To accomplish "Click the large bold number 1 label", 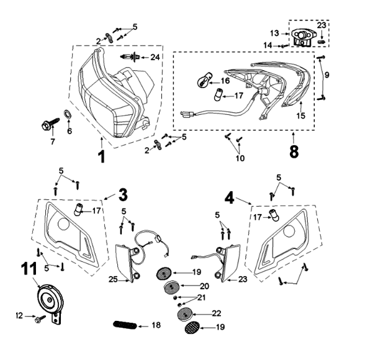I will click(101, 153).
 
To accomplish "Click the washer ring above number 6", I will click(66, 115).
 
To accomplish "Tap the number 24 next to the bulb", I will click(155, 57).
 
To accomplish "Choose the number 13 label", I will click(274, 33).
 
